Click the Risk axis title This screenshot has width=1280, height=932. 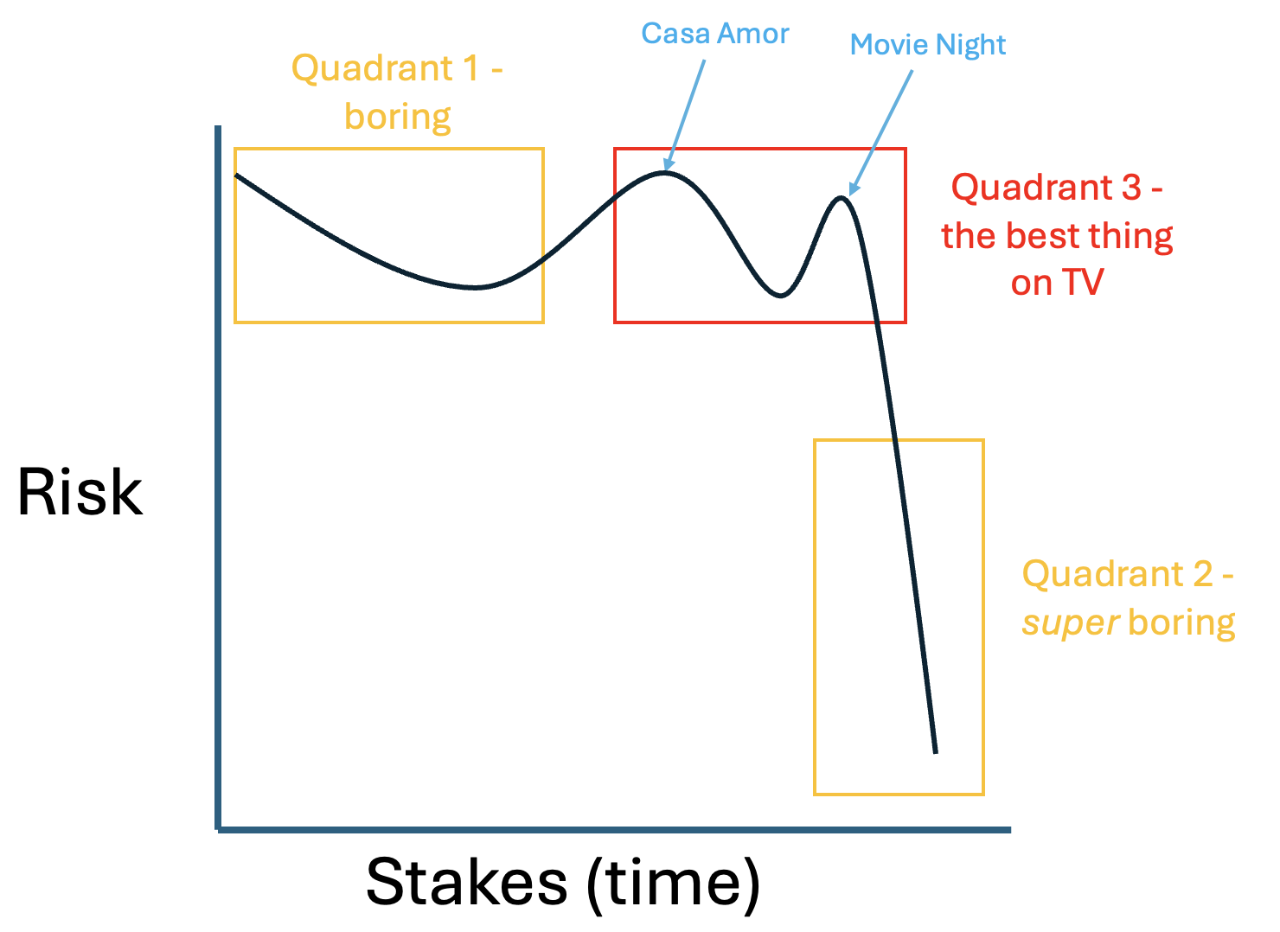(80, 492)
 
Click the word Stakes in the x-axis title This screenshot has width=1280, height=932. (467, 882)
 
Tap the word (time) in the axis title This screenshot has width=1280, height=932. (674, 884)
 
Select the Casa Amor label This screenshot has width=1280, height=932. (715, 33)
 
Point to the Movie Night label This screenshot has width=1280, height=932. (927, 45)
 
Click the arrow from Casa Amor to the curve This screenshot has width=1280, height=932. (685, 115)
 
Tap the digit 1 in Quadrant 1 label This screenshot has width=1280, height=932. (471, 68)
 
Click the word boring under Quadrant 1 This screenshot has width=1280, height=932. (398, 118)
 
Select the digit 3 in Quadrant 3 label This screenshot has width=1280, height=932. (1132, 188)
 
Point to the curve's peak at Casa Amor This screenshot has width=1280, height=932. (664, 172)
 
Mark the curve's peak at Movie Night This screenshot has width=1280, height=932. (842, 198)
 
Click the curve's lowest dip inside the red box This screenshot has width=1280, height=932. (781, 295)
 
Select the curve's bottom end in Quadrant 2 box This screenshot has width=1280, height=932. (936, 753)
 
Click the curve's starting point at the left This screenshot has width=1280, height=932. (236, 175)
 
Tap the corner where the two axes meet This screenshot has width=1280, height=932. (218, 830)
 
